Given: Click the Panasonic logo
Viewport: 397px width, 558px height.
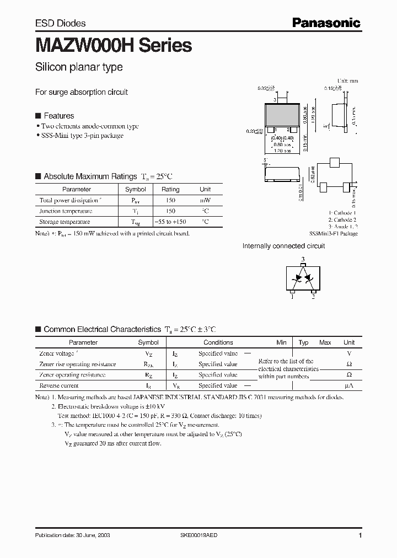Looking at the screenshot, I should [x=326, y=23].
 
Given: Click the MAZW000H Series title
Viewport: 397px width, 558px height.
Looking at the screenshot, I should [x=113, y=45].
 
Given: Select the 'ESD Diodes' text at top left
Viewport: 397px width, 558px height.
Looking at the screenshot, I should [x=60, y=23].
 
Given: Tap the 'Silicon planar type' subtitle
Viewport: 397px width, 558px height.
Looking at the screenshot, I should [x=79, y=67].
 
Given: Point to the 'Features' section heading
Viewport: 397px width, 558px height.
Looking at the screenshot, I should [x=58, y=116].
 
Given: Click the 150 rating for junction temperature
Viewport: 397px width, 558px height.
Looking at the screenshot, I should [x=170, y=211].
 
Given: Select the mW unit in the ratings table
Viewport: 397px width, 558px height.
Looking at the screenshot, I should [x=205, y=201].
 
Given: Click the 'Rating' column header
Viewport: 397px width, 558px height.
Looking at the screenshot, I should [x=170, y=189].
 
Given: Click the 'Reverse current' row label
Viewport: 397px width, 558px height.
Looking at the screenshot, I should [x=59, y=386].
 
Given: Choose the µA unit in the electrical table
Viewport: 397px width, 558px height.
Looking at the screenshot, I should [x=348, y=386].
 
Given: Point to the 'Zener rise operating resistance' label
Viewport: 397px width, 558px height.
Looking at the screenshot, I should [x=77, y=364].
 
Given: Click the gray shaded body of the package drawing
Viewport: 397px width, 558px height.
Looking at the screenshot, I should [x=283, y=114].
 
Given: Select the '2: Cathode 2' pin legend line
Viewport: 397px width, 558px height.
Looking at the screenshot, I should [x=342, y=219].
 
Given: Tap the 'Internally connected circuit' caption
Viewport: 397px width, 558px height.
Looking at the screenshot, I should [x=283, y=246].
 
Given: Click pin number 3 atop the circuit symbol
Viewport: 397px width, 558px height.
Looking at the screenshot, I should [x=302, y=259].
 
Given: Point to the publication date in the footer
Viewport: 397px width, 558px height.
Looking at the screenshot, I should [x=70, y=536].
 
